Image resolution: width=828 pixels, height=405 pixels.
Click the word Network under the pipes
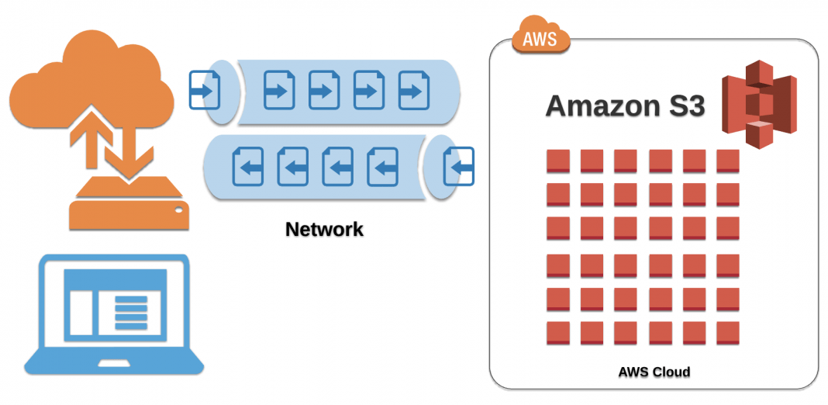(x=324, y=230)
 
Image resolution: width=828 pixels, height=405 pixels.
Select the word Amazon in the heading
(x=602, y=106)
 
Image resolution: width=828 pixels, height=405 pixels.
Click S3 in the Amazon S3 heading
(x=685, y=106)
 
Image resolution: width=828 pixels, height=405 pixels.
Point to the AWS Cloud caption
(x=654, y=372)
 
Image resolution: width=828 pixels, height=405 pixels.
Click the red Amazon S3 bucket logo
(x=759, y=105)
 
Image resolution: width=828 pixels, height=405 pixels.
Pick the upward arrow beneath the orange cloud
(x=85, y=140)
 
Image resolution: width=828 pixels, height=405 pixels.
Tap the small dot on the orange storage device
(x=178, y=209)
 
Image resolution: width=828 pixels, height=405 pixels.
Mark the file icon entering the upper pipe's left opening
(x=205, y=91)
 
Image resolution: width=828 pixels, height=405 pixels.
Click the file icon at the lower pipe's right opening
(x=458, y=166)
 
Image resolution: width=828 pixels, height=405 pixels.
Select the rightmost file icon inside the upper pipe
(x=414, y=91)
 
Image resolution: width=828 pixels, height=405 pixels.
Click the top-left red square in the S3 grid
(x=558, y=161)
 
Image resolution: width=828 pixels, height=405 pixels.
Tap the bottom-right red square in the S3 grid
(x=728, y=333)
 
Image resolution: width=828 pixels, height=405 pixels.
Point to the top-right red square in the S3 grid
(x=728, y=161)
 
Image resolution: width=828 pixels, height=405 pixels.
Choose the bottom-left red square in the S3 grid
(x=558, y=333)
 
